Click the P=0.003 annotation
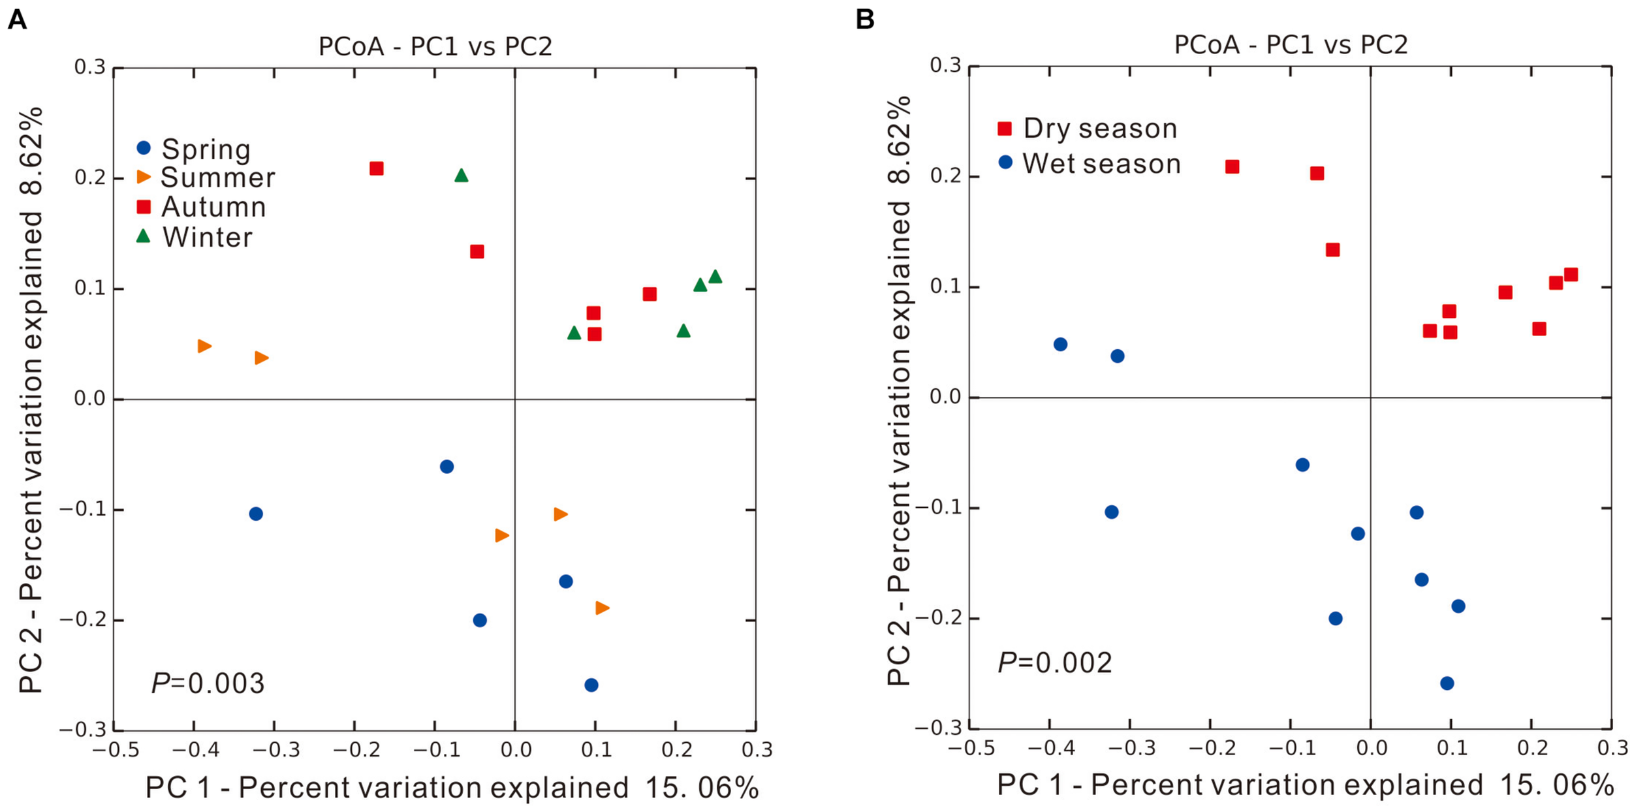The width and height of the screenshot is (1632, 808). [208, 683]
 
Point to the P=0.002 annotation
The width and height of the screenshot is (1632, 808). [1054, 662]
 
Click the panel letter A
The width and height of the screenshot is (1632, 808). [17, 20]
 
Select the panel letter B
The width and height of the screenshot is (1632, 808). [864, 20]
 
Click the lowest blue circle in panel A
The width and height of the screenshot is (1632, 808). [591, 685]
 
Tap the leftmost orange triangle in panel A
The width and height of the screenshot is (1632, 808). [204, 346]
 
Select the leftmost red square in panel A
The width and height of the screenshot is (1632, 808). [376, 168]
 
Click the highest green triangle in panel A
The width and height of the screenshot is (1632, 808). [461, 175]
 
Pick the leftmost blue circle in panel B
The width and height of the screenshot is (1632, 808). [1060, 344]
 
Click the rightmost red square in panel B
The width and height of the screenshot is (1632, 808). [1571, 275]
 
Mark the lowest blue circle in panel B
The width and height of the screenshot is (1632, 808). [1447, 683]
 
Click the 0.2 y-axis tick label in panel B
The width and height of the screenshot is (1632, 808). [945, 176]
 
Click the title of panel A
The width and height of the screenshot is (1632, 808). [435, 46]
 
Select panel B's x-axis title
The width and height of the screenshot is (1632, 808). [1304, 785]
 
